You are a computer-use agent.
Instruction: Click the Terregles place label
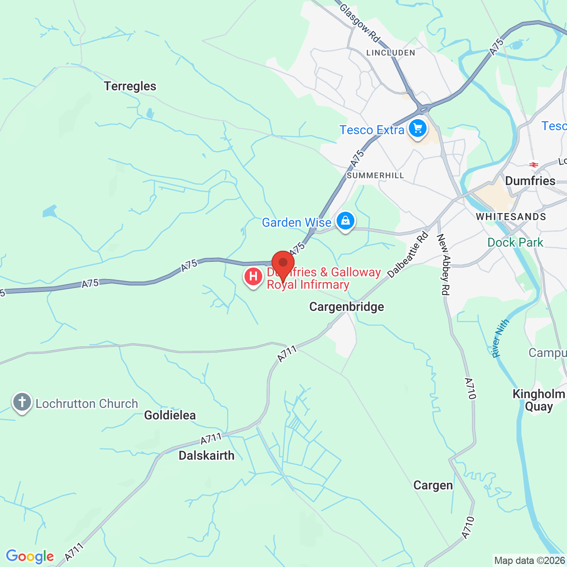130,86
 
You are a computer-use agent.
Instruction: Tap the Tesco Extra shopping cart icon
418,128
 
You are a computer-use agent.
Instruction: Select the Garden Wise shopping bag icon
346,220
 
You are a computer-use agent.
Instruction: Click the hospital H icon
253,277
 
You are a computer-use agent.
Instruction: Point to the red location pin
283,264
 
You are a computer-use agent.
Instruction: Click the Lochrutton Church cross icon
22,402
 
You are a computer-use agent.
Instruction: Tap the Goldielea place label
170,415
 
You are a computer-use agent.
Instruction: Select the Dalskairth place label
206,455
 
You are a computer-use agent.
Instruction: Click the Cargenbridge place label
346,307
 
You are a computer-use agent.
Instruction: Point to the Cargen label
433,485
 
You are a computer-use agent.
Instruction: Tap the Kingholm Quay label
539,400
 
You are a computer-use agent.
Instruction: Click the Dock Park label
515,242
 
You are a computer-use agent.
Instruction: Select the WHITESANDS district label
511,217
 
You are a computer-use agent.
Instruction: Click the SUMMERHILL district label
376,175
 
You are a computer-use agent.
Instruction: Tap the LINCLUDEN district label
391,53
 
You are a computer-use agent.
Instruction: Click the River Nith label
501,338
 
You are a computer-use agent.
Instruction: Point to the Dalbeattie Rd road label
408,255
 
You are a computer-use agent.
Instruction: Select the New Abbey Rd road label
443,264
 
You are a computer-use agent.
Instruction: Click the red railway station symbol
534,165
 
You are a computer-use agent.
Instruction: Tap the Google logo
30,556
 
